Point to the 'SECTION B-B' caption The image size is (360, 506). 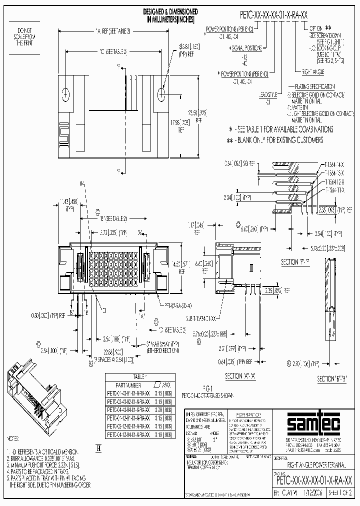[332, 379]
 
